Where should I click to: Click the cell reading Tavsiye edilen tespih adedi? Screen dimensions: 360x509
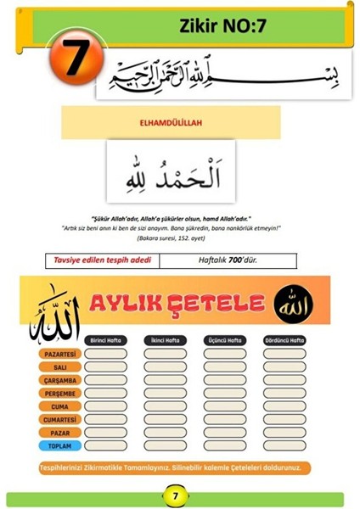click(x=103, y=259)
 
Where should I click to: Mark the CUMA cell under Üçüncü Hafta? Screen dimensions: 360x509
click(x=225, y=406)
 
